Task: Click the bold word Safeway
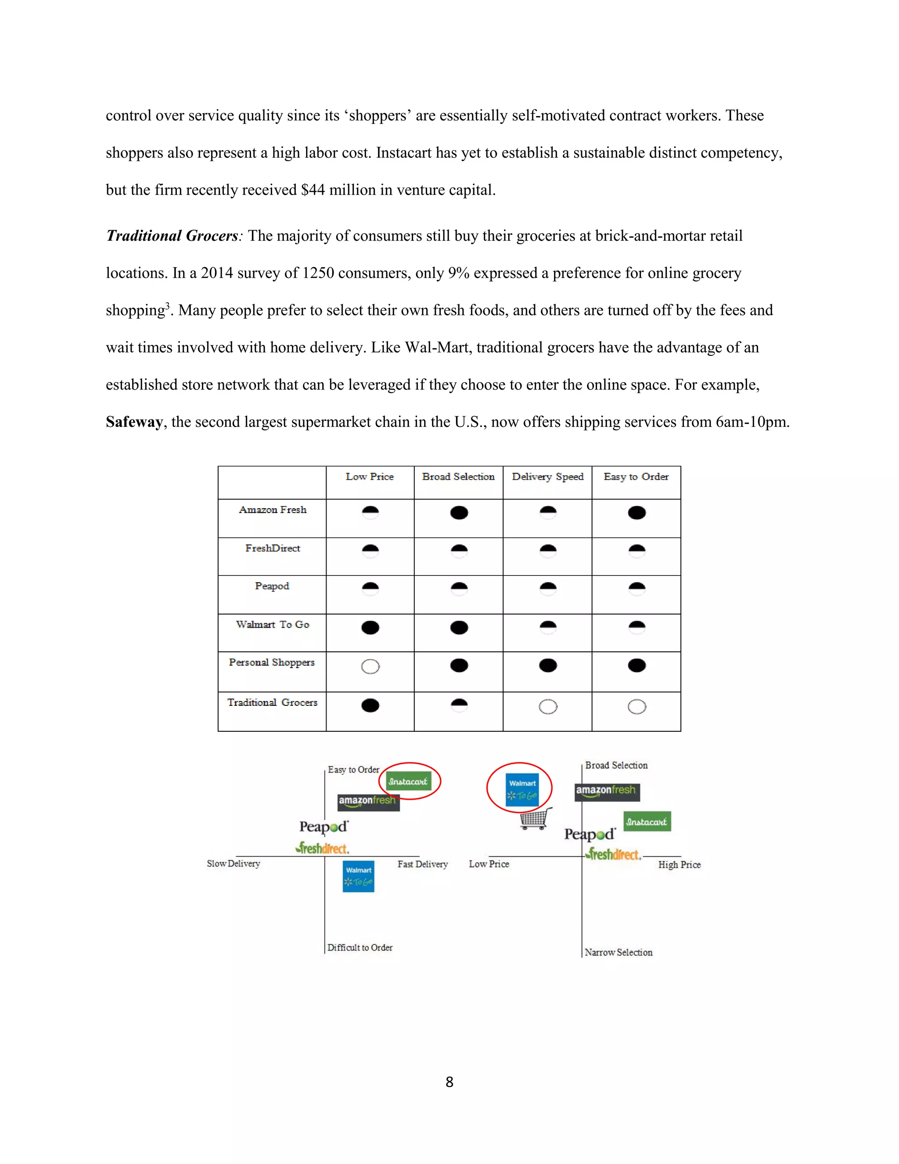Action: (134, 422)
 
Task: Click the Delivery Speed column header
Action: (547, 477)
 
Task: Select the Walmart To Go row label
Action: (272, 625)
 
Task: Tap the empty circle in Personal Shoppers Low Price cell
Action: (370, 667)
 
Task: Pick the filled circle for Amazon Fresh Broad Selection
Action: (459, 513)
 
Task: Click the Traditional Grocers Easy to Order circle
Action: (636, 707)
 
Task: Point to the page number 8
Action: (449, 1082)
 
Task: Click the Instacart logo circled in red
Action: (409, 781)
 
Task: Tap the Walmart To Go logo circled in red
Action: (522, 789)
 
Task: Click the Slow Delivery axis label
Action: (233, 864)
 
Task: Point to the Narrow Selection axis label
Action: (619, 952)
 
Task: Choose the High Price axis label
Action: (679, 864)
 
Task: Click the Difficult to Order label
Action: (360, 947)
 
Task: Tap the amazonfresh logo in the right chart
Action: (607, 792)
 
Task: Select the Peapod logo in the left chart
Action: (323, 827)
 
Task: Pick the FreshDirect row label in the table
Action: (272, 549)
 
